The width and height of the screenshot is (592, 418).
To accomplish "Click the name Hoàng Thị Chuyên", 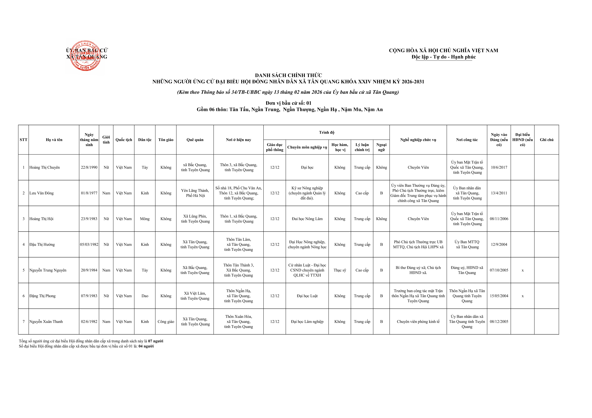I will click(x=45, y=167).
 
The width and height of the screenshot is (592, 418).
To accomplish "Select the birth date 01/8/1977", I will click(x=89, y=193).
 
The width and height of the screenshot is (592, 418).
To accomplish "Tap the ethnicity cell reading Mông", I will click(x=145, y=219).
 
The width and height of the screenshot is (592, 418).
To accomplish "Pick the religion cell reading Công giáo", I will click(x=166, y=322).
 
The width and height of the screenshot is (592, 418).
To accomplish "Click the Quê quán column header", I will click(x=195, y=140).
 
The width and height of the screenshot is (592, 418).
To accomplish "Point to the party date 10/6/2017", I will click(x=499, y=167).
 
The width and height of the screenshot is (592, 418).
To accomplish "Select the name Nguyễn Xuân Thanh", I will click(x=46, y=322).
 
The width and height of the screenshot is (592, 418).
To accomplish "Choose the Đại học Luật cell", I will click(x=307, y=296).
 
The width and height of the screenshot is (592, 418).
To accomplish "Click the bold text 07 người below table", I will click(x=156, y=341).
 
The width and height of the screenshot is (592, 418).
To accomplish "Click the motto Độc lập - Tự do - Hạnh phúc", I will click(x=443, y=57).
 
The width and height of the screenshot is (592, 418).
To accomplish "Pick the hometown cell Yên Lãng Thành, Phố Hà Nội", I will click(x=195, y=193).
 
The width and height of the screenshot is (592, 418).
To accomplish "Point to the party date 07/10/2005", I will click(x=499, y=270).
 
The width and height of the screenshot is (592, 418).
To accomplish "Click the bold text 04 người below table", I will click(x=146, y=346).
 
